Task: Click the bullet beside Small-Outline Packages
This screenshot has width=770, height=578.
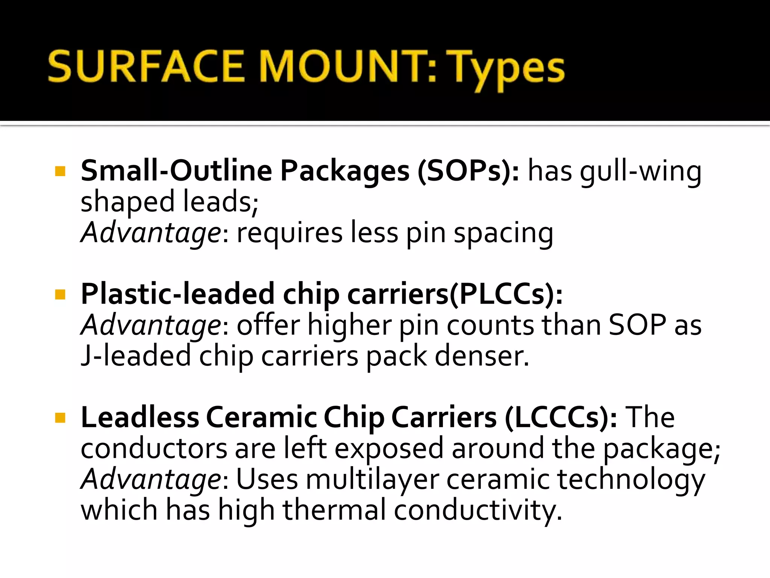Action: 60,172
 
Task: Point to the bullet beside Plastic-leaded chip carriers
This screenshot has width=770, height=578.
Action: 60,294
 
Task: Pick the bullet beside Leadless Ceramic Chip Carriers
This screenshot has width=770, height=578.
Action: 60,418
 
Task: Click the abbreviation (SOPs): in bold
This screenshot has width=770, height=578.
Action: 468,172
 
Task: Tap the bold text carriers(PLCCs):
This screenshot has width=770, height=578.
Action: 455,295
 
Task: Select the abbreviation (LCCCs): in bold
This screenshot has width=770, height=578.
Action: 560,418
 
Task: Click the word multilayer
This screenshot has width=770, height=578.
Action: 372,480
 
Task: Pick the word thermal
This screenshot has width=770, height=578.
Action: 334,510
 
